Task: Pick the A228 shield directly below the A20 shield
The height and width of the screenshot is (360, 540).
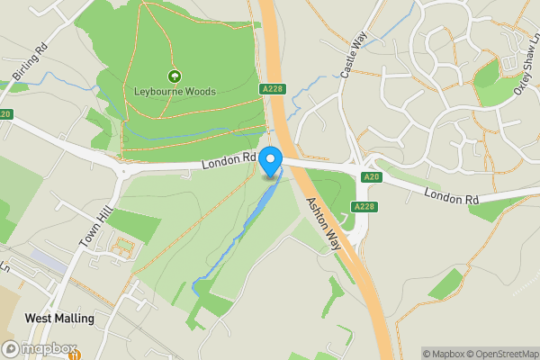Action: coord(364,207)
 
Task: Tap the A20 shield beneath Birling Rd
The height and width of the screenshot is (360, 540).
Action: coord(5,114)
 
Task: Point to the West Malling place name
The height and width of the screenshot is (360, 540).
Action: coord(59,319)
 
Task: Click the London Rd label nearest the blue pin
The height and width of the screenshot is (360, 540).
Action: coord(229,160)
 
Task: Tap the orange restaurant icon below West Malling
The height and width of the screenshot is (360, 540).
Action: coord(75,355)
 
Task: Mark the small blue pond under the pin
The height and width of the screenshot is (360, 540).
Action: coord(270,177)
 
